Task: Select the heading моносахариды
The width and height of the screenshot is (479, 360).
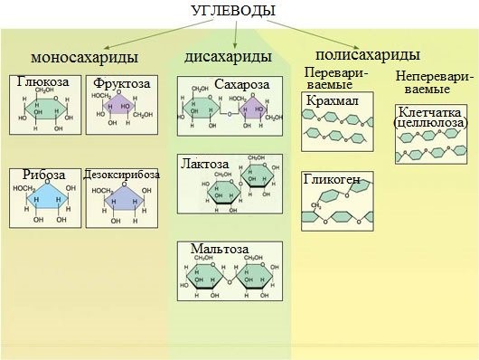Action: point(85,58)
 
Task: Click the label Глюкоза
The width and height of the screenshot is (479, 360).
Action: point(41,82)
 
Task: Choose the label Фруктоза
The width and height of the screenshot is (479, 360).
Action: point(117,83)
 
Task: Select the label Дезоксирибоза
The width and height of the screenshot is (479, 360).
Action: point(121,174)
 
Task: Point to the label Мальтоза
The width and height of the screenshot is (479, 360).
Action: point(215,248)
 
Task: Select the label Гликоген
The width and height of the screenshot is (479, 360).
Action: point(332,179)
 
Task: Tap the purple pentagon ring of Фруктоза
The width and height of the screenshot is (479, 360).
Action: point(120,109)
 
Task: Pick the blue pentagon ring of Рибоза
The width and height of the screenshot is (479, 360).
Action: point(43,200)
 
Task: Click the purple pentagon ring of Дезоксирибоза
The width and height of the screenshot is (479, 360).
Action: point(120,200)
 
